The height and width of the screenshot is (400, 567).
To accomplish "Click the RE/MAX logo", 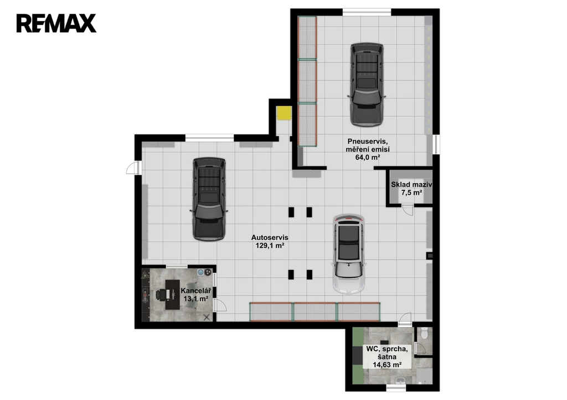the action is tap(56, 23).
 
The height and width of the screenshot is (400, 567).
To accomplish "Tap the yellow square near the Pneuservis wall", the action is tap(284, 113).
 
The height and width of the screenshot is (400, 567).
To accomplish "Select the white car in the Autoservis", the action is tap(349, 254).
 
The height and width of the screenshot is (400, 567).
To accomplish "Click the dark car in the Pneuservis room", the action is tap(367, 85).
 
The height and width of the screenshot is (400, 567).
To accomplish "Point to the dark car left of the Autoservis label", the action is tap(209, 199).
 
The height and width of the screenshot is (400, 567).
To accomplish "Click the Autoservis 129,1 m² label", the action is tap(270, 241).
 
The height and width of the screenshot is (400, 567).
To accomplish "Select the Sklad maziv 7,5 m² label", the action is tap(411, 188).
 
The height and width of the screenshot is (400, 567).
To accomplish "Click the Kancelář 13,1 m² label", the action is tap(195, 294).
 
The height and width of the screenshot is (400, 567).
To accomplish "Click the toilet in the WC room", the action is tap(424, 333).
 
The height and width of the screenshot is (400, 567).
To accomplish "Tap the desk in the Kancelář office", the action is tap(173, 294).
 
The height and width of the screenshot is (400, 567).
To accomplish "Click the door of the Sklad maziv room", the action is tap(408, 210).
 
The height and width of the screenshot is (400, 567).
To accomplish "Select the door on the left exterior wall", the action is tap(133, 168).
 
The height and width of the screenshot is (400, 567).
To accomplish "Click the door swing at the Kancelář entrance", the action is tap(219, 305).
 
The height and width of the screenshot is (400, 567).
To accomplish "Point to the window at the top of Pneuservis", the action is tap(367, 12).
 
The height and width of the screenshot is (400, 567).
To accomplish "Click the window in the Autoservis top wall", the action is tap(209, 138).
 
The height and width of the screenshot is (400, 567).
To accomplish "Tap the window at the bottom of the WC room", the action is tap(396, 388).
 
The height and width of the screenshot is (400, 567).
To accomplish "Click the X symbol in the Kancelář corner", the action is tap(207, 317).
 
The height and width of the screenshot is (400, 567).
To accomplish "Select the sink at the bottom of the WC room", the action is tap(400, 381).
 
